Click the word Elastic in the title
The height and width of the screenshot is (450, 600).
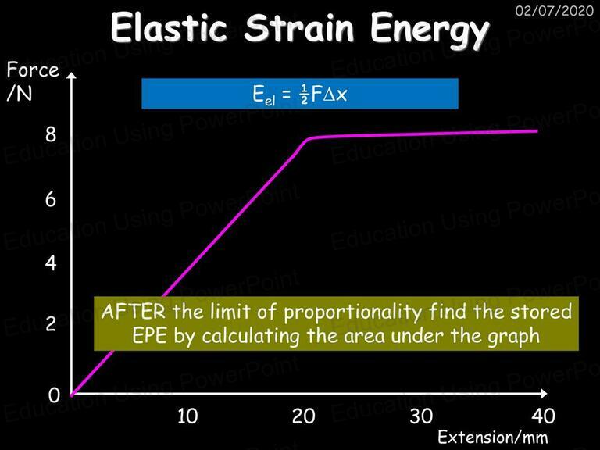point(169,27)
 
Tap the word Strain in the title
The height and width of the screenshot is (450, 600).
point(299,27)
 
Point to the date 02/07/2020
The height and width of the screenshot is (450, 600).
point(554,10)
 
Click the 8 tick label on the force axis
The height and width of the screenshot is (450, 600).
point(51,134)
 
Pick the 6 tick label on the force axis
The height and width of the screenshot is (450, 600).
point(51,199)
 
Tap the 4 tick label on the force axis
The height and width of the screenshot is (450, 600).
point(51,263)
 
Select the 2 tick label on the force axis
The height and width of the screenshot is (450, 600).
point(51,323)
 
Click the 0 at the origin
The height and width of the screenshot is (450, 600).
point(54,395)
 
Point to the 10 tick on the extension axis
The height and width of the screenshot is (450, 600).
point(187,416)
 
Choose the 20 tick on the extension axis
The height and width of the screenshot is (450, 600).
point(304,416)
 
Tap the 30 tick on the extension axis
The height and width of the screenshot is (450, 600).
point(421,416)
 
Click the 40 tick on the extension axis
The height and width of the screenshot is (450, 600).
point(544,416)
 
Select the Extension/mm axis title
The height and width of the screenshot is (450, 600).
point(493,437)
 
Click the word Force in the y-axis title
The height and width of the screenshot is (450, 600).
point(33,70)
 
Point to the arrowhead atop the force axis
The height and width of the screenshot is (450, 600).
point(72,75)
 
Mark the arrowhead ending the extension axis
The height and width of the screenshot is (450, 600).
point(544,393)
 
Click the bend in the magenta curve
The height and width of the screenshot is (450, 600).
point(307,140)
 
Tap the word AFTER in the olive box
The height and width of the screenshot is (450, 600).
point(134,312)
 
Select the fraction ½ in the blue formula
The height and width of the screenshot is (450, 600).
point(304,95)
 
